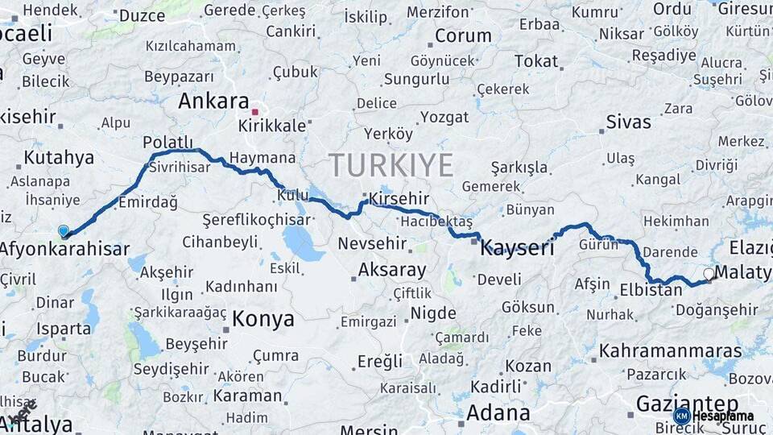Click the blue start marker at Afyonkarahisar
tap(64, 231)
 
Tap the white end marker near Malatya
tap(709, 274)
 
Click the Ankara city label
tap(213, 101)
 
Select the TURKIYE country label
tap(391, 165)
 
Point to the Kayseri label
tap(517, 248)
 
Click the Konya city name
tap(263, 319)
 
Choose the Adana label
tap(498, 413)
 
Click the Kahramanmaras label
tap(671, 351)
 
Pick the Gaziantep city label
tap(687, 403)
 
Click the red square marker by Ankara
tap(255, 112)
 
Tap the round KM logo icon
tap(681, 416)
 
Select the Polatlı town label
tap(167, 142)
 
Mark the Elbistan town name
tap(651, 290)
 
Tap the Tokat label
tap(536, 61)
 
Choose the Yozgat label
tap(444, 118)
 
